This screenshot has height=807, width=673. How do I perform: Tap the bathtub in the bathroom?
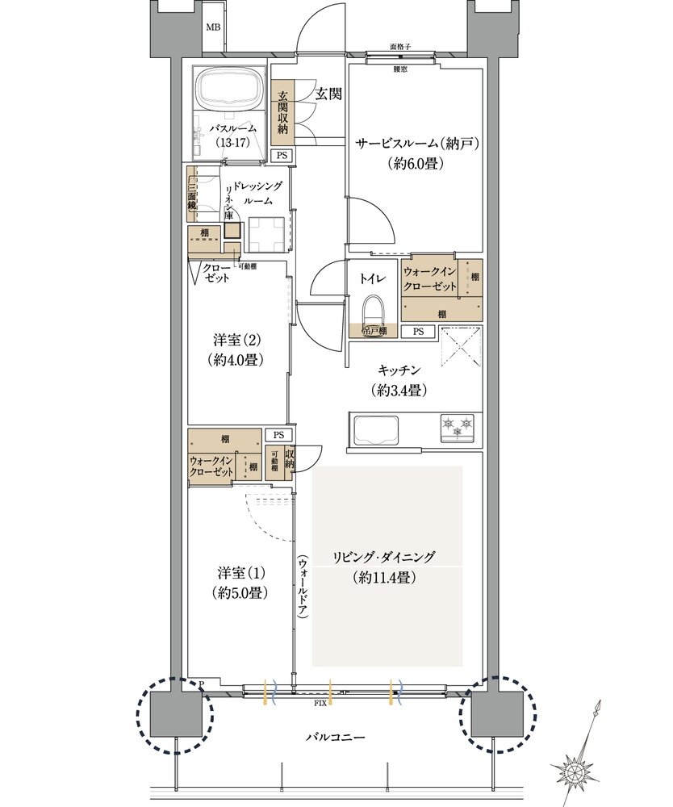coord(231,91)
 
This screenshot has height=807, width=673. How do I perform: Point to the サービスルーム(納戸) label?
coord(419,144)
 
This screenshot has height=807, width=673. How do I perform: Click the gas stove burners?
coord(458,427)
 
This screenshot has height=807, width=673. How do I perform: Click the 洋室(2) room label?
coord(237,341)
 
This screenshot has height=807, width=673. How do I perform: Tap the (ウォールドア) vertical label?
coord(303,587)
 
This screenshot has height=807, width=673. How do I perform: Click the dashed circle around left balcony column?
coord(175,714)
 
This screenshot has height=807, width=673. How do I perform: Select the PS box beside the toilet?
coord(418,331)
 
